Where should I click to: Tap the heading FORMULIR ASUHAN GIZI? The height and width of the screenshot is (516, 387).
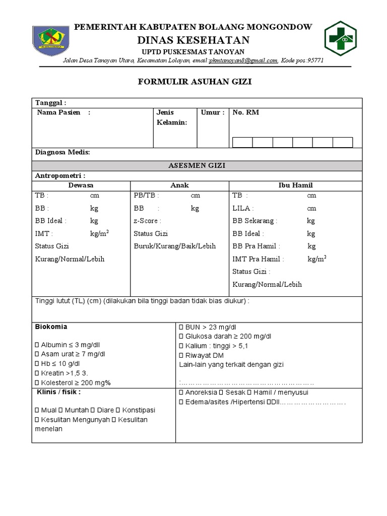[x=195, y=82]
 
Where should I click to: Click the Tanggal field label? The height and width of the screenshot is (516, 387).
[x=50, y=103]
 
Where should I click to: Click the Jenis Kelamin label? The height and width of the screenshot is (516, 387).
[x=171, y=117]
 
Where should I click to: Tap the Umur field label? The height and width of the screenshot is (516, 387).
[x=212, y=112]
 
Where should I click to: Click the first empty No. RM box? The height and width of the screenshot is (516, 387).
[x=242, y=142]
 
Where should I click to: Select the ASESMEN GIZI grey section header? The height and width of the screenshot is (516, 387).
[x=197, y=165]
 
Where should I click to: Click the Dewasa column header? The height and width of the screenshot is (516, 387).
[x=81, y=185]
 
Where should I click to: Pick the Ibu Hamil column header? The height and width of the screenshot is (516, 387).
[x=295, y=185]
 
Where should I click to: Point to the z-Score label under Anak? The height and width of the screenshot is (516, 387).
[x=147, y=221]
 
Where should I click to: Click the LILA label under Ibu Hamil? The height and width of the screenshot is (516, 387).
[x=243, y=208]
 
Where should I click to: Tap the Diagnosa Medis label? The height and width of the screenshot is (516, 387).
[x=62, y=152]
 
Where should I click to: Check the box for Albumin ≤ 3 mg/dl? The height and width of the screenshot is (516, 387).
[x=37, y=345]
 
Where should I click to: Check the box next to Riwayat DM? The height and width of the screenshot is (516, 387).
[x=181, y=355]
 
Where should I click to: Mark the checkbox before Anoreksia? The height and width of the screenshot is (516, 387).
[x=181, y=393]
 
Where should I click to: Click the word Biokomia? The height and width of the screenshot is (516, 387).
[x=51, y=327]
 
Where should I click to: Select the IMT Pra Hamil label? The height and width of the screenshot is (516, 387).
[x=258, y=259]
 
